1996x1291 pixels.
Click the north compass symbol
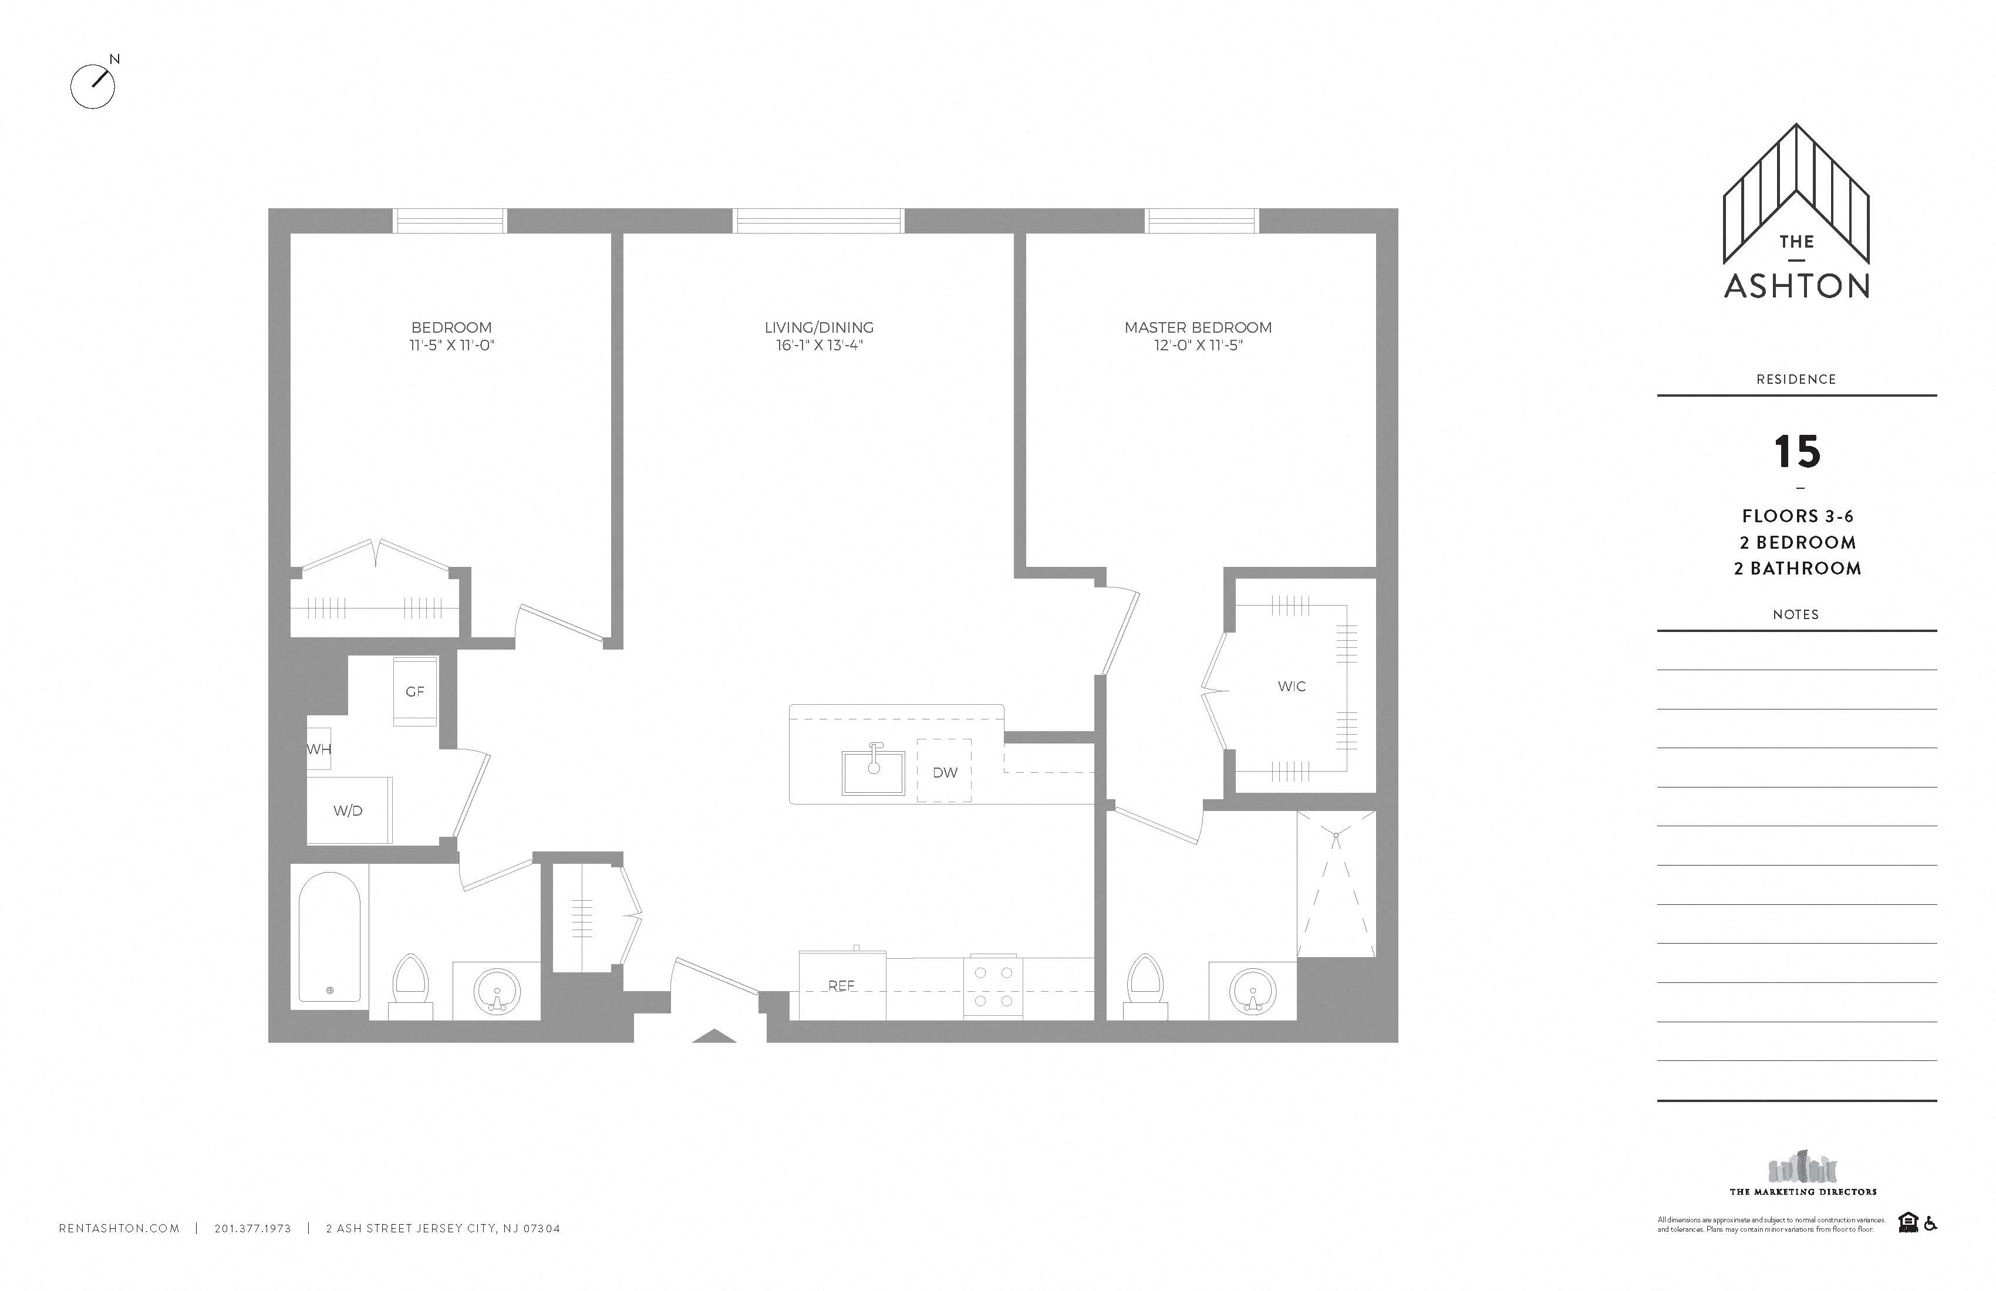[x=92, y=86]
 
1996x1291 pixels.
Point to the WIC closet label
[x=1292, y=687]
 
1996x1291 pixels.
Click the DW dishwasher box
[x=945, y=771]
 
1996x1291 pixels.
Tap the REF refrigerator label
[x=841, y=986]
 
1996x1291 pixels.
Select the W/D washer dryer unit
[x=349, y=810]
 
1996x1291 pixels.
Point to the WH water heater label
[x=319, y=749]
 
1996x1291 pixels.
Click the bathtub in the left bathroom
[x=329, y=939]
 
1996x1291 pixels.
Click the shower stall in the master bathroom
[x=1336, y=884]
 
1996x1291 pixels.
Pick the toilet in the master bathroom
[x=1145, y=985]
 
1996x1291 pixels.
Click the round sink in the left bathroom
[x=497, y=991]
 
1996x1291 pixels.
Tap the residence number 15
[x=1796, y=452]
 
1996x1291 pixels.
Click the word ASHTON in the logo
[x=1796, y=286]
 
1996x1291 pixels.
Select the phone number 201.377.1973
[x=252, y=1228]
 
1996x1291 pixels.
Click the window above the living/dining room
[x=818, y=221]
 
